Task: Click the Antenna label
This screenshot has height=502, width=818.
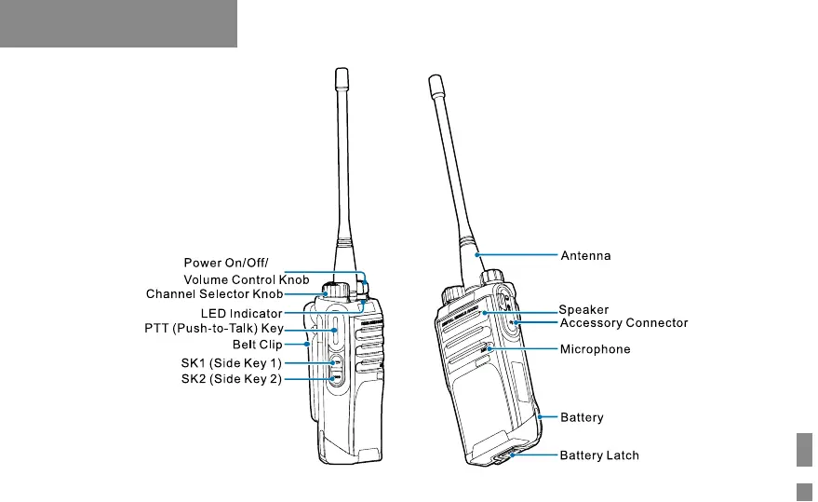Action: [x=584, y=254]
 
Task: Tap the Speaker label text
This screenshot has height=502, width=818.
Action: [x=583, y=310]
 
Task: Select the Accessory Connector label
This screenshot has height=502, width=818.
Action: [x=623, y=323]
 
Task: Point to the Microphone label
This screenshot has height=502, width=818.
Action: [x=595, y=349]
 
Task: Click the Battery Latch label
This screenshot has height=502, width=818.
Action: [x=598, y=456]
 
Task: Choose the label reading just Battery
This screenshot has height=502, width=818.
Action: [x=581, y=418]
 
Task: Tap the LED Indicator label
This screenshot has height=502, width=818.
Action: [x=241, y=313]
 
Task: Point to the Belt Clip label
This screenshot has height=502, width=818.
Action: [x=258, y=345]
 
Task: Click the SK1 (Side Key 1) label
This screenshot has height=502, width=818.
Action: [x=232, y=361]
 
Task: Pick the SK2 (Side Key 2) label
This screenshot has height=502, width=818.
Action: [x=232, y=379]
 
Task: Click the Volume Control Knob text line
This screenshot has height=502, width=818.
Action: [x=246, y=278]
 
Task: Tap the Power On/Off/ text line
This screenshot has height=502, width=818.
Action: [x=225, y=263]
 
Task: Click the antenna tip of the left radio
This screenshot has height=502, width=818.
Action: [x=341, y=75]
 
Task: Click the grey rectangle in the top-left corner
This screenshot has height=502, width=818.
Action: [x=118, y=23]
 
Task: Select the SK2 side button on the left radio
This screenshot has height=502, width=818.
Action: [x=337, y=377]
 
